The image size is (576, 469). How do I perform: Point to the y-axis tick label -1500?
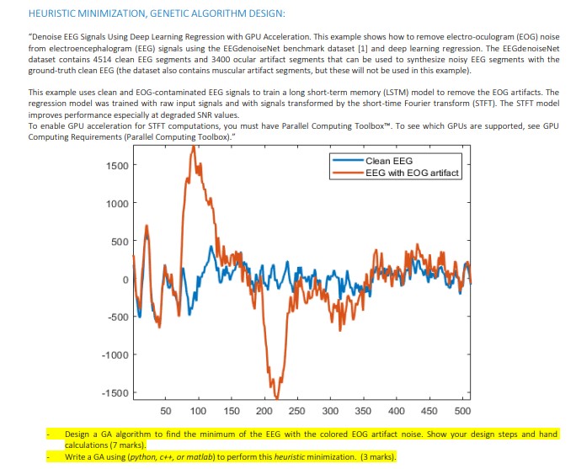pyautogui.click(x=115, y=393)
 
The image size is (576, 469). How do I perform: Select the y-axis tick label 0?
pyautogui.click(x=124, y=280)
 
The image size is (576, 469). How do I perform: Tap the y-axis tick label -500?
pyautogui.click(x=117, y=317)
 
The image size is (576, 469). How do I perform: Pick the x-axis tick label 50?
pyautogui.click(x=166, y=411)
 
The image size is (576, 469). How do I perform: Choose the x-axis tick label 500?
pyautogui.click(x=461, y=411)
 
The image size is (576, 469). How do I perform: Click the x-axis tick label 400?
pyautogui.click(x=397, y=411)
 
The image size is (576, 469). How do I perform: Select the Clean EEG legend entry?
pyautogui.click(x=389, y=161)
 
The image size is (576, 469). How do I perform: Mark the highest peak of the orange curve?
pyautogui.click(x=193, y=147)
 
